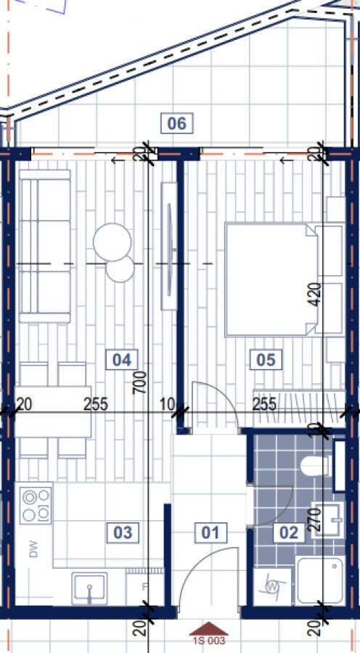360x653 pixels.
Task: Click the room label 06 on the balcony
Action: (176, 124)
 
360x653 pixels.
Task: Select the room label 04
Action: (121, 358)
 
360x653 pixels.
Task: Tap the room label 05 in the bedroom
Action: (264, 358)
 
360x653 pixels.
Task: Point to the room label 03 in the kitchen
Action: (123, 533)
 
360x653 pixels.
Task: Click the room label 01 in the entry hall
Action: (210, 533)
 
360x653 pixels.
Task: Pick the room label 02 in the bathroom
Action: (289, 533)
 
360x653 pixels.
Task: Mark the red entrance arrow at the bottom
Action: (209, 628)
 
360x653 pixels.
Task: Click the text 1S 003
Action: (209, 641)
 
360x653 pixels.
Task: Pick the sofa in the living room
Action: (44, 246)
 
